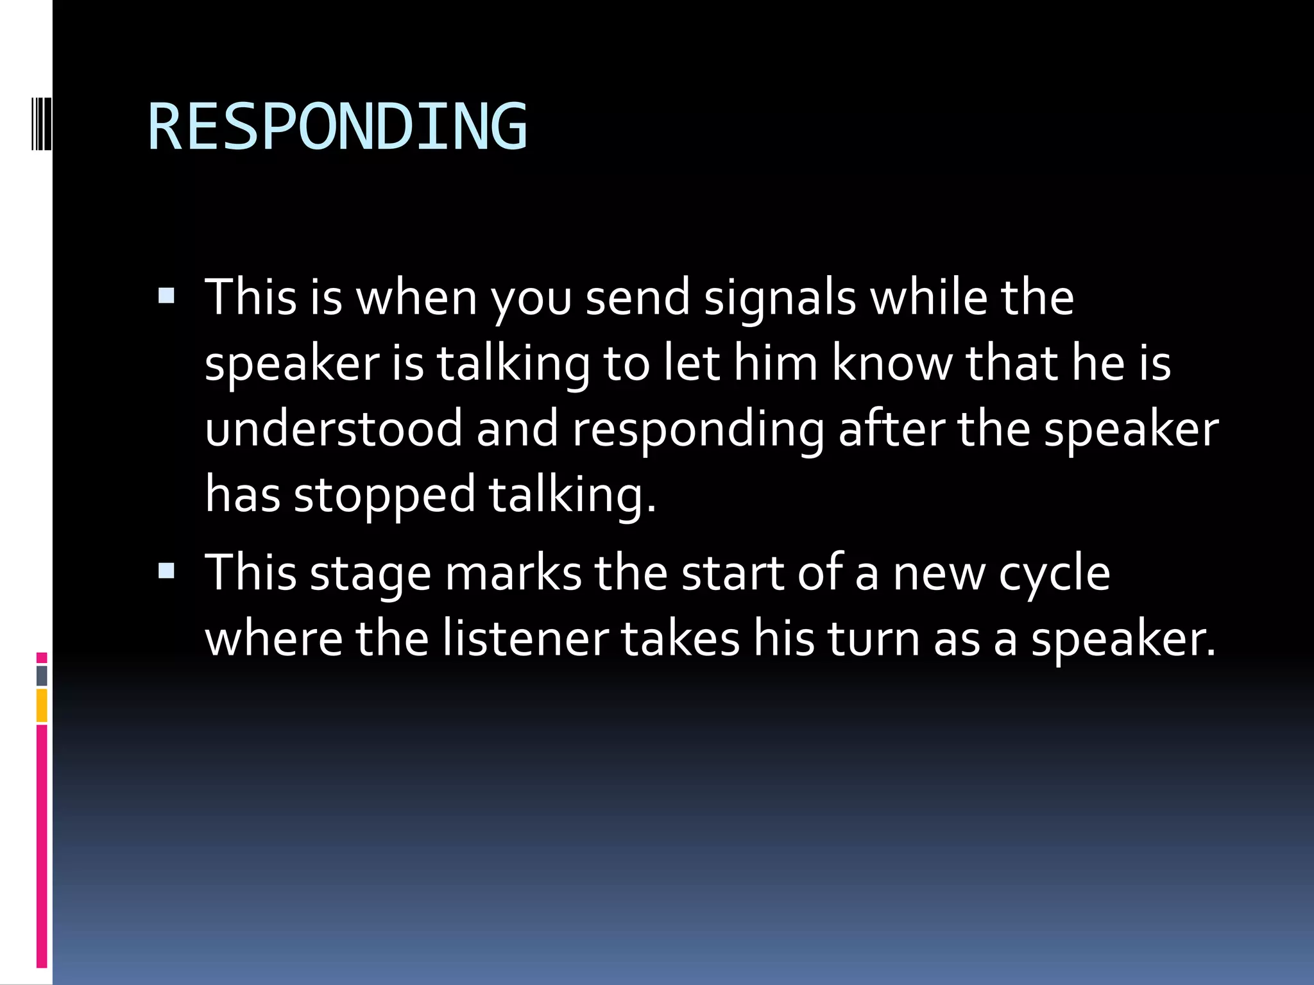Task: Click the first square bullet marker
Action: (x=166, y=296)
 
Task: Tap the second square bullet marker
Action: (x=166, y=571)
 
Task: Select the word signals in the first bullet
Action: (x=780, y=298)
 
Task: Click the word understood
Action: (x=334, y=428)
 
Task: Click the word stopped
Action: (x=384, y=495)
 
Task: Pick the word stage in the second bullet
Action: (x=370, y=574)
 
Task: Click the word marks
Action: (x=513, y=573)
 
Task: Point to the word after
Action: (x=891, y=428)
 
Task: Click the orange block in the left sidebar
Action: (x=42, y=705)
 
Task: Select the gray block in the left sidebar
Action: (x=42, y=676)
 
